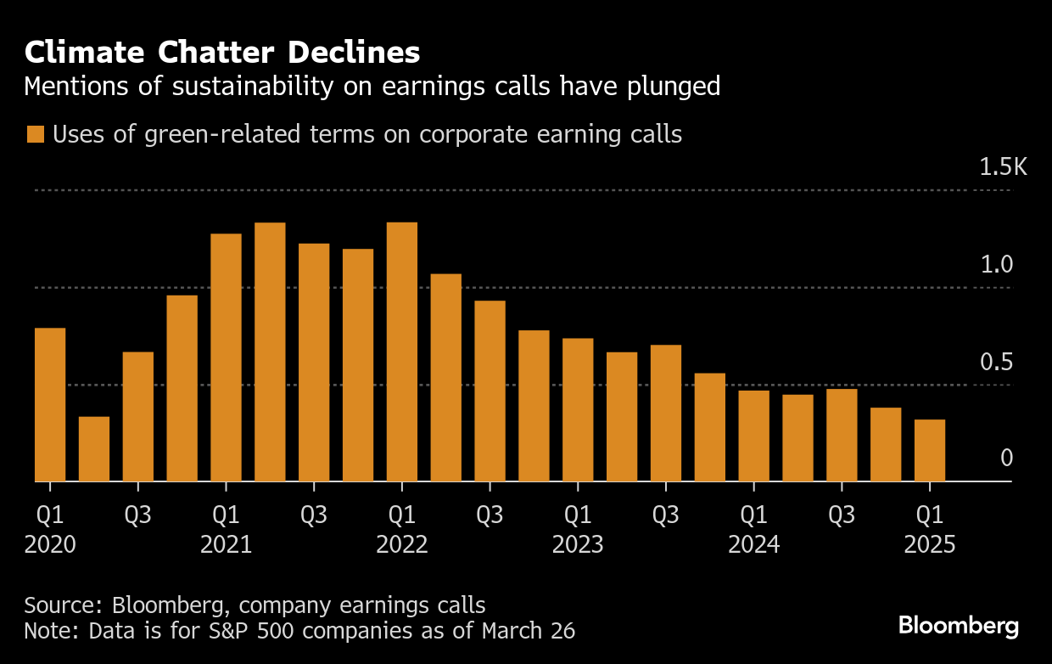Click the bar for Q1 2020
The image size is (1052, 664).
(x=50, y=405)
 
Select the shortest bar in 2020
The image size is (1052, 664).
(x=94, y=449)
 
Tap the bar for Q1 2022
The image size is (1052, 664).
(x=402, y=352)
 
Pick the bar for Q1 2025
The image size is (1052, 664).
(x=930, y=451)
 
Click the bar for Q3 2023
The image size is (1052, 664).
(x=666, y=414)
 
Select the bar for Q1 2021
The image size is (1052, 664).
(x=226, y=357)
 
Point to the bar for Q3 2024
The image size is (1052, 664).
(x=842, y=436)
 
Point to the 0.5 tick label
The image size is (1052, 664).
(x=997, y=363)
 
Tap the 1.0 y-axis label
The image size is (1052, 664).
(x=997, y=265)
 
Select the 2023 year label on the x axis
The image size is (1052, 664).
(x=578, y=544)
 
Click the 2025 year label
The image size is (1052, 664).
(x=930, y=544)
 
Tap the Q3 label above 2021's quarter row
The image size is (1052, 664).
(x=314, y=515)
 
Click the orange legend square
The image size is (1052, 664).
(x=35, y=135)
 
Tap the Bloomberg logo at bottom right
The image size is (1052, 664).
(x=959, y=627)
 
